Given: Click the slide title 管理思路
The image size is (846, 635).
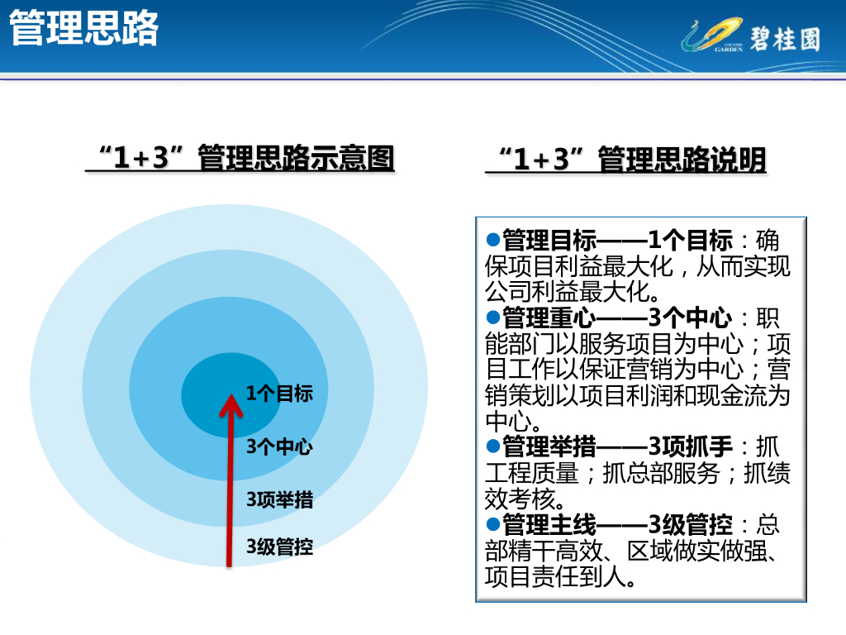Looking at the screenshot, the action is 84,28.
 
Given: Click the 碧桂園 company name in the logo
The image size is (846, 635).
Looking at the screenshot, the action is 785,39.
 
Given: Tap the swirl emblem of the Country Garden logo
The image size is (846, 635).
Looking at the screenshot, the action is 712,35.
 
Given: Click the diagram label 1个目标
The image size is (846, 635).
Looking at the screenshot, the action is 279,393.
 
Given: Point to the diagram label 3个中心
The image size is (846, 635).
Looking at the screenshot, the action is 279,446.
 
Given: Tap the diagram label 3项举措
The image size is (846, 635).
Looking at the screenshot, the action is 279,499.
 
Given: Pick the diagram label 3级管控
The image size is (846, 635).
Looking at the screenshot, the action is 279,547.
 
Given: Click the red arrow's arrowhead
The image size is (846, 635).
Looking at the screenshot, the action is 231,405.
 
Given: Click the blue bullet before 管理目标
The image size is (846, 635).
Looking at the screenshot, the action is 493,239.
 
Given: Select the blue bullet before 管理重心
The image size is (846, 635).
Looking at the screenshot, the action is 493,317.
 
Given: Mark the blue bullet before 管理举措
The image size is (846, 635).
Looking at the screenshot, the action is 493,446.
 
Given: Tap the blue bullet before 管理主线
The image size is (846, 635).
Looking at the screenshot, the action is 493,523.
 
